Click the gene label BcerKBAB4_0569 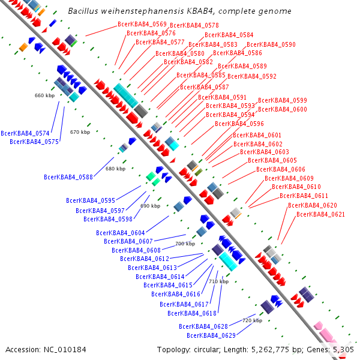pyautogui.click(x=142, y=24)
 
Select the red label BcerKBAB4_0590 pyautogui.click(x=271, y=45)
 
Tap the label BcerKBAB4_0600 pyautogui.click(x=283, y=109)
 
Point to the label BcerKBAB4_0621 pyautogui.click(x=320, y=214)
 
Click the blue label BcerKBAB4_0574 pyautogui.click(x=25, y=133)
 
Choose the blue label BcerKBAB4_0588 pyautogui.click(x=68, y=177)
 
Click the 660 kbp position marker pyautogui.click(x=44, y=95)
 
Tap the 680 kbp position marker pyautogui.click(x=115, y=169)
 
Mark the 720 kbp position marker pyautogui.click(x=251, y=320)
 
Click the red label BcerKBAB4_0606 pyautogui.click(x=281, y=169)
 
